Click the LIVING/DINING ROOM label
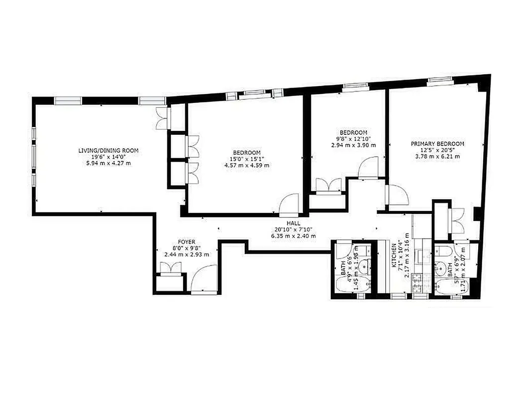click(108, 150)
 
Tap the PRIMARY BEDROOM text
click(437, 144)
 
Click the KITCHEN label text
click(394, 256)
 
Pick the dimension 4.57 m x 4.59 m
click(246, 165)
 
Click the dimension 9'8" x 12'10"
click(353, 139)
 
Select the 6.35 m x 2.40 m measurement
click(293, 236)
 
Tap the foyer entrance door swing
click(205, 279)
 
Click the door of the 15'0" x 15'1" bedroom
click(288, 204)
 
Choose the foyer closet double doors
click(170, 269)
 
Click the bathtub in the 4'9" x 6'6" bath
click(350, 286)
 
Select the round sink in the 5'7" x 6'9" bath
click(440, 268)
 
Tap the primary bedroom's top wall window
click(436, 80)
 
